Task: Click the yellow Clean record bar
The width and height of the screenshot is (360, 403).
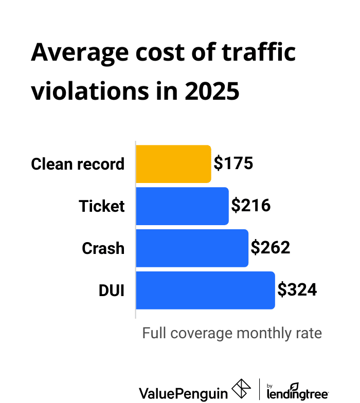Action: point(173,164)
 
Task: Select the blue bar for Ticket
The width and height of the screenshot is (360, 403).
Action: point(182,206)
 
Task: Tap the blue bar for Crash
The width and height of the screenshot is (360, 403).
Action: point(192,248)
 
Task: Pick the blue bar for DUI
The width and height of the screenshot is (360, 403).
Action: point(205,290)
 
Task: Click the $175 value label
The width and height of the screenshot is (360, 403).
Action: point(233,164)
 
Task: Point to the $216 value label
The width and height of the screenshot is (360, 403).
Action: point(251,206)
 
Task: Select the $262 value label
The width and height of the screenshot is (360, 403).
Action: point(271,248)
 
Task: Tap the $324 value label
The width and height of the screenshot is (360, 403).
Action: point(297,290)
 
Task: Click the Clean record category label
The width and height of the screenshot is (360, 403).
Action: point(78,164)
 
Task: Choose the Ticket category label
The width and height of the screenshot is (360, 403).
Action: point(102,207)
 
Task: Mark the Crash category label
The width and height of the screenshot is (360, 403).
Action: point(103,249)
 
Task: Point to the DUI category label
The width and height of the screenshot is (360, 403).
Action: point(112,291)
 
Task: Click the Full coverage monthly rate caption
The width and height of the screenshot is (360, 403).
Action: point(232,333)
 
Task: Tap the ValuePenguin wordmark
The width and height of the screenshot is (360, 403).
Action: point(183,393)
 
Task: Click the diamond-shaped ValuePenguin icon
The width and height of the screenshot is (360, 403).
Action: point(241,389)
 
